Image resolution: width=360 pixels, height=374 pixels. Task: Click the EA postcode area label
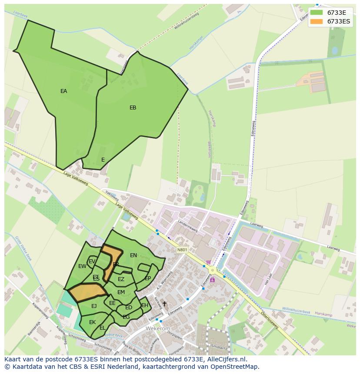64,91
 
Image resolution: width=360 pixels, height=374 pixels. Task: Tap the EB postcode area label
133,108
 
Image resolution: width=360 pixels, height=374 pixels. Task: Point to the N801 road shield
182,250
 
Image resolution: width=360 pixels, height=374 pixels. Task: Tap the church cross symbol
164,304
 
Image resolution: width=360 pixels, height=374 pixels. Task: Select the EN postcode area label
133,255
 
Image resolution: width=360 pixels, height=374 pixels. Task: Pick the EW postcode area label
82,266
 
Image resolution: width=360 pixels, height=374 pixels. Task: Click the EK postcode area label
92,322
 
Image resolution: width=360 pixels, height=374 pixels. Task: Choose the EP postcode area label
148,278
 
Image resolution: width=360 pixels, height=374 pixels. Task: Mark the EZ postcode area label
121,279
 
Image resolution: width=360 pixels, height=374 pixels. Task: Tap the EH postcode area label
145,305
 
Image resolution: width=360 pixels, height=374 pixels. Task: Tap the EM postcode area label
121,292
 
